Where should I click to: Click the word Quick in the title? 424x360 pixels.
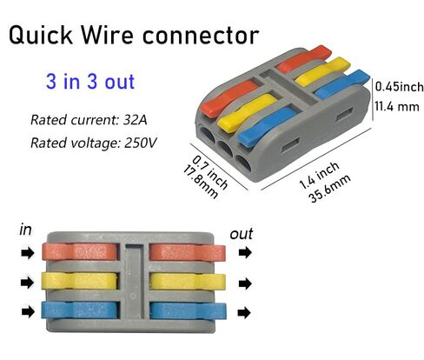click(x=40, y=35)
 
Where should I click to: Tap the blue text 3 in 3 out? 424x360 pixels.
click(x=90, y=82)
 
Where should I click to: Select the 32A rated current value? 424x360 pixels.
click(x=136, y=120)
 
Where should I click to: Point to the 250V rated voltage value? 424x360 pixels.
click(x=141, y=143)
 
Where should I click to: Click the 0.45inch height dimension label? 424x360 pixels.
click(x=399, y=86)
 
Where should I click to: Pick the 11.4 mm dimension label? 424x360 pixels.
click(x=397, y=106)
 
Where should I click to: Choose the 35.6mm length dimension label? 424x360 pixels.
click(x=329, y=189)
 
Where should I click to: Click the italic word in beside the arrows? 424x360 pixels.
click(x=25, y=230)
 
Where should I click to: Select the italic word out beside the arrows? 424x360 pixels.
click(x=242, y=234)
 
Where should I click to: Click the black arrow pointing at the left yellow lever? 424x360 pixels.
click(x=28, y=283)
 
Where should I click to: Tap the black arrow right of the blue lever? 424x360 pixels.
click(x=244, y=313)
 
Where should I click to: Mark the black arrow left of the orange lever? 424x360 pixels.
click(x=28, y=253)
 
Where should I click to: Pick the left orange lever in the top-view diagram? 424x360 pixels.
click(x=80, y=251)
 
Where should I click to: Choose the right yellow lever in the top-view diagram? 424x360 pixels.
click(x=188, y=281)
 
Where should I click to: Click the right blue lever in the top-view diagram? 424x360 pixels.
click(x=189, y=310)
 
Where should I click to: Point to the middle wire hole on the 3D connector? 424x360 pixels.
click(x=225, y=148)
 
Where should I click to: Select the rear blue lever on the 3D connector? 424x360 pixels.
click(x=341, y=85)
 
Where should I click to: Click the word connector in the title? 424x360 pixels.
click(x=201, y=36)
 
